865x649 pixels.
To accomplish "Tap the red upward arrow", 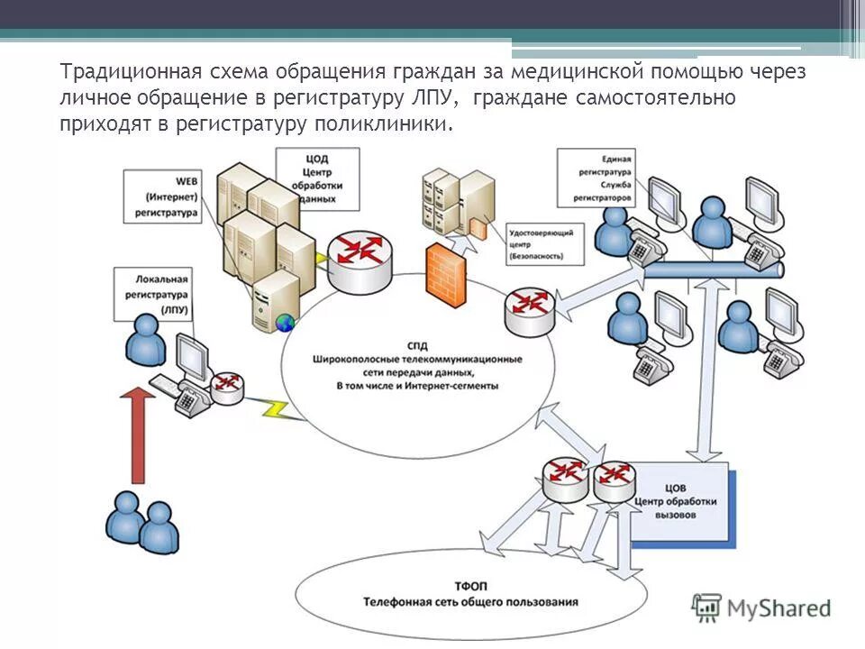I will pyautogui.click(x=137, y=433).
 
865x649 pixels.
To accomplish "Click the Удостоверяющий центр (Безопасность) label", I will pyautogui.click(x=541, y=242).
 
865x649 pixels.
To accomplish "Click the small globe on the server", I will pyautogui.click(x=286, y=321).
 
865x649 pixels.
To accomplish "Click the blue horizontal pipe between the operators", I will pyautogui.click(x=712, y=270).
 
